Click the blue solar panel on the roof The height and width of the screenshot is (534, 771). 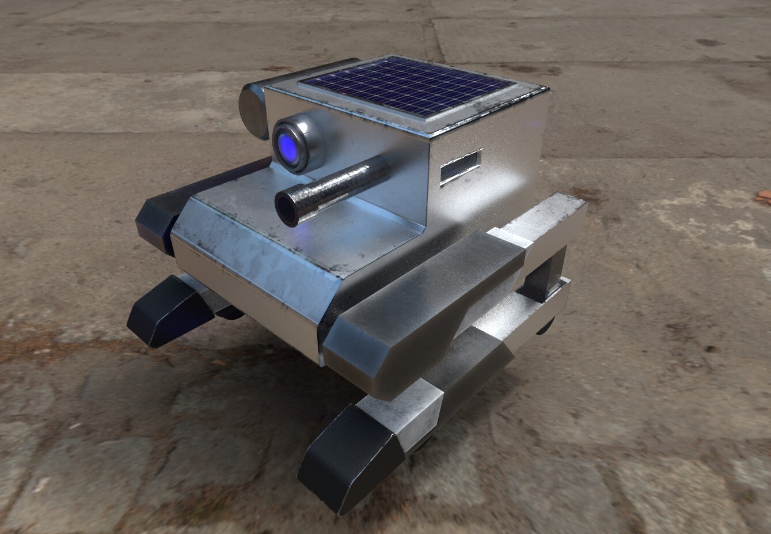pyautogui.click(x=409, y=85)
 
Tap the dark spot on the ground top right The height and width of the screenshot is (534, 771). pyautogui.click(x=707, y=43)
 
